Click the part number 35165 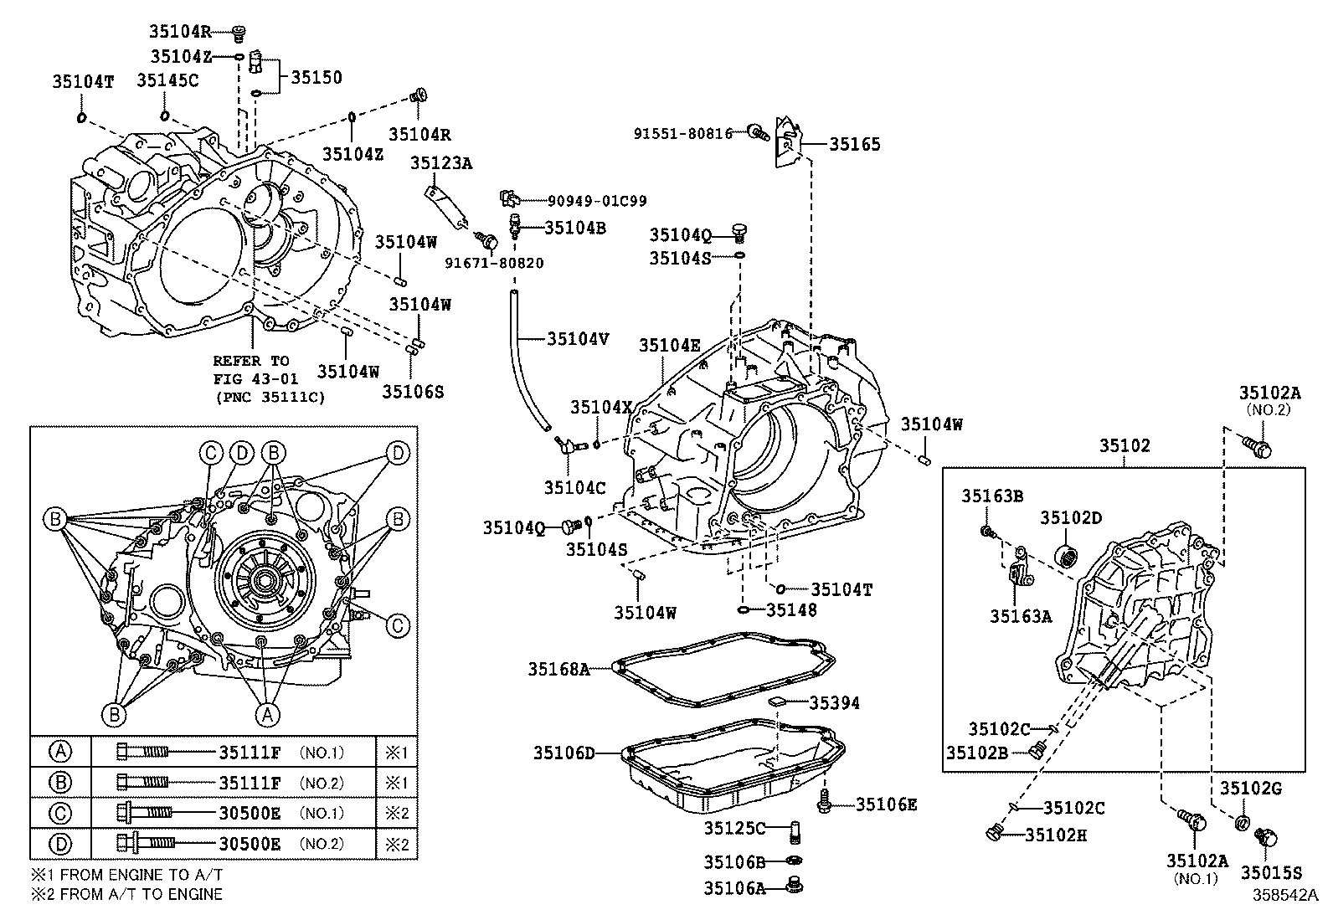tap(855, 144)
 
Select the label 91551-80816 tap(683, 133)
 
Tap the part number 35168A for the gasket tap(558, 670)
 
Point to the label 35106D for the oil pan tap(564, 753)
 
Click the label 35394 tap(834, 703)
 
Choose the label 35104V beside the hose tap(578, 338)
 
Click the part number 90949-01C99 tap(597, 201)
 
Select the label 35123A tap(441, 163)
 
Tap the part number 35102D tap(1071, 517)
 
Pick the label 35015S tap(1271, 873)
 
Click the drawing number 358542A tap(1285, 896)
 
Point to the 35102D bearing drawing tap(1067, 557)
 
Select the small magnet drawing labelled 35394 tap(776, 702)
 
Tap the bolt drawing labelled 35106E tap(824, 801)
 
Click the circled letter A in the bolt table tap(60, 752)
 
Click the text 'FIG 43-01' tap(256, 379)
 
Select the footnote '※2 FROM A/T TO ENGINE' tap(126, 894)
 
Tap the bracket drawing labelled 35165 tap(788, 142)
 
